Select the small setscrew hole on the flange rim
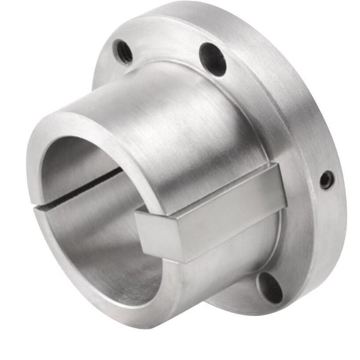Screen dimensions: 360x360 click(326, 179)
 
